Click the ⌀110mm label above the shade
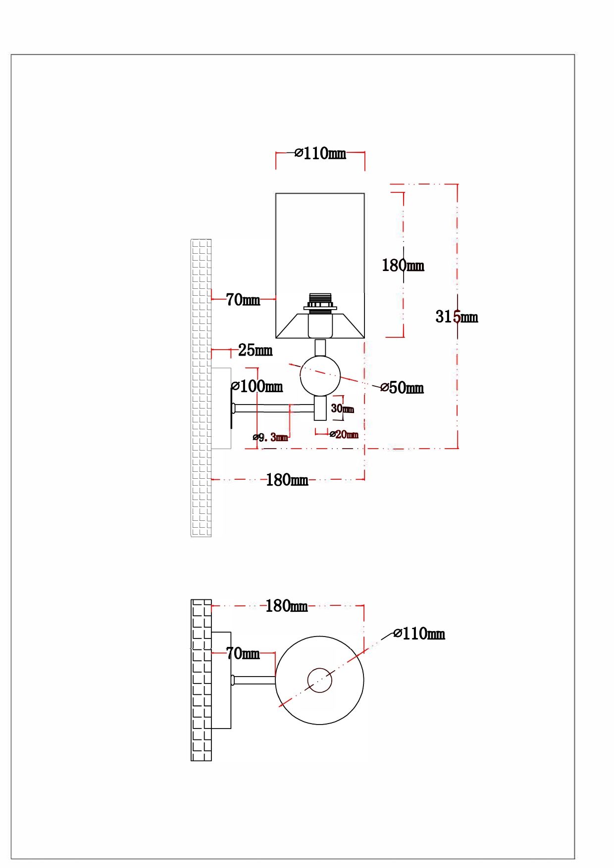pyautogui.click(x=320, y=153)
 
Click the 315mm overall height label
pyautogui.click(x=456, y=317)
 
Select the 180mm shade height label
pyautogui.click(x=403, y=266)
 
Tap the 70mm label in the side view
pyautogui.click(x=243, y=300)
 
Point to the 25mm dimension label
pyautogui.click(x=255, y=351)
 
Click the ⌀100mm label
pyautogui.click(x=257, y=386)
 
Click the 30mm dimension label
pyautogui.click(x=342, y=409)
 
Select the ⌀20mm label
pyautogui.click(x=344, y=435)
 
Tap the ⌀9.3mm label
pyautogui.click(x=270, y=437)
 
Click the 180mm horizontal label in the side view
pyautogui.click(x=287, y=480)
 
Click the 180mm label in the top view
pyautogui.click(x=286, y=606)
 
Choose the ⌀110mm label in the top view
pyautogui.click(x=419, y=634)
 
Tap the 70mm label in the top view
pyautogui.click(x=243, y=654)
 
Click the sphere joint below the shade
pyautogui.click(x=320, y=376)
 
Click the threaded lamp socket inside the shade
pyautogui.click(x=320, y=302)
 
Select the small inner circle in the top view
pyautogui.click(x=319, y=681)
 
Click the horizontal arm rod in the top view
pyautogui.click(x=254, y=681)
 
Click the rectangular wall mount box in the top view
pyautogui.click(x=221, y=680)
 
